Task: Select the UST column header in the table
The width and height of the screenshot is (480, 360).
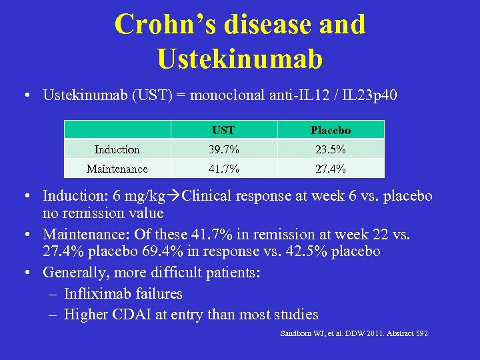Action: click(224, 130)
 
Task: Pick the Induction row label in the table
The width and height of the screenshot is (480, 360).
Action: click(117, 149)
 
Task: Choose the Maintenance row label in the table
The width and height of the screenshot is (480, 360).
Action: click(117, 169)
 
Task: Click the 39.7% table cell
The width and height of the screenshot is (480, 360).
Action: click(224, 149)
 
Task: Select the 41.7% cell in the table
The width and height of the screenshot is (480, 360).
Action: click(224, 169)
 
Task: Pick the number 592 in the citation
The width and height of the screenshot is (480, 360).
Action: click(419, 333)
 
